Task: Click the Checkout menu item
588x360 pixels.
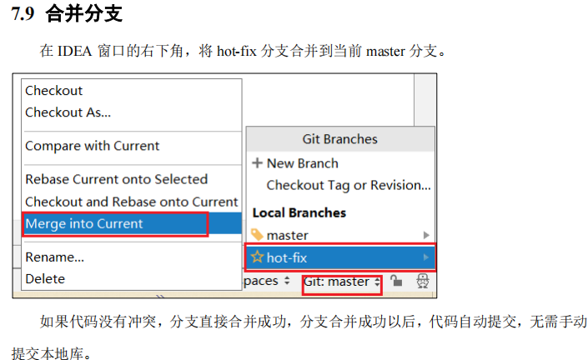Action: click(x=54, y=90)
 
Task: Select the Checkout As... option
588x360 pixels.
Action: click(x=68, y=112)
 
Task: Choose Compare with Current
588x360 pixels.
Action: click(x=92, y=146)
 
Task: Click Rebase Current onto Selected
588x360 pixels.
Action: click(x=116, y=179)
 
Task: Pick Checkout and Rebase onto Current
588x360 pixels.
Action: click(x=131, y=202)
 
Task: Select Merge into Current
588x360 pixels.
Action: click(x=84, y=223)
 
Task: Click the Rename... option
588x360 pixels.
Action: click(x=54, y=257)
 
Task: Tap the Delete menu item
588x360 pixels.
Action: click(x=45, y=278)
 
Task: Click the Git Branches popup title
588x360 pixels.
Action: click(x=339, y=139)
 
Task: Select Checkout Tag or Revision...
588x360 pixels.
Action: click(x=348, y=185)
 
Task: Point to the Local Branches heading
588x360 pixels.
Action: click(x=299, y=212)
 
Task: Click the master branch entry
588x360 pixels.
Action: click(x=287, y=236)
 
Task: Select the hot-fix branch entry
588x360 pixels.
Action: click(x=287, y=257)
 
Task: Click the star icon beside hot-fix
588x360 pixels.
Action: click(x=258, y=257)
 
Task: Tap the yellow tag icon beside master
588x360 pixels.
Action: click(x=258, y=235)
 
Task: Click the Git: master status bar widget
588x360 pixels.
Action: click(x=342, y=282)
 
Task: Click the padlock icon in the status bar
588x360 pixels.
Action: click(x=396, y=282)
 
